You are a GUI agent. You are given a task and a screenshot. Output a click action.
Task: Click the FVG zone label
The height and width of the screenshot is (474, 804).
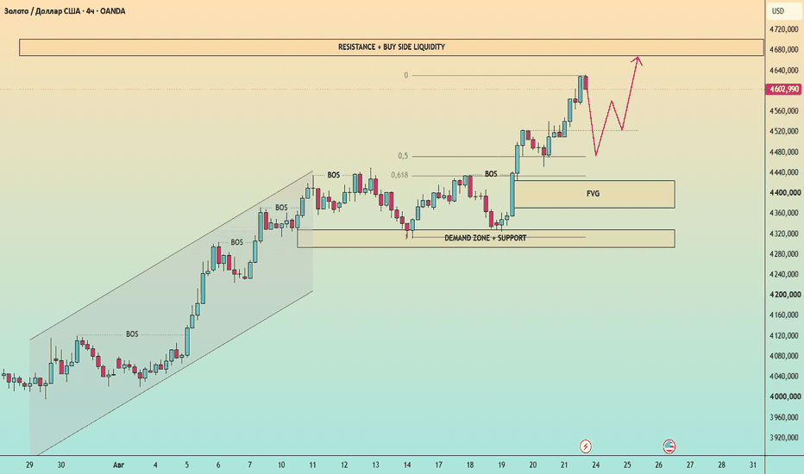coord(593,194)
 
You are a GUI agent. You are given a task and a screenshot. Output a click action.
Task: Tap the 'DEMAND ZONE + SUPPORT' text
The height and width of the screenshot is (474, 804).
coord(485,238)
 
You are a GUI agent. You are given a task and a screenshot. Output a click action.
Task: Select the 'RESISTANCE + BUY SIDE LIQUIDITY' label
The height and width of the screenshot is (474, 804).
coord(392,47)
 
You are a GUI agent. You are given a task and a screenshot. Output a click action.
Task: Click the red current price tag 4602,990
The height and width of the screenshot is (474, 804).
coord(783,89)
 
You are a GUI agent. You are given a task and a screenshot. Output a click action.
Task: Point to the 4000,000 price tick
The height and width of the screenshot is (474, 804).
coord(785,396)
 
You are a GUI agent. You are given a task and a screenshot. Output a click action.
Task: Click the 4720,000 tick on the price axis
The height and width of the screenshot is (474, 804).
coord(785,29)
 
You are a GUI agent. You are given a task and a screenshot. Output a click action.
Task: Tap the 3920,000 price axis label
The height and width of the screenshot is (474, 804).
coord(785,438)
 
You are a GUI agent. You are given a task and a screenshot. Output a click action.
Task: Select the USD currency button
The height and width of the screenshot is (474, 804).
coord(778,11)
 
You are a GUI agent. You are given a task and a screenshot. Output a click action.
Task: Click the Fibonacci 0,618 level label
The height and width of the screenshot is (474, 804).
coord(399,175)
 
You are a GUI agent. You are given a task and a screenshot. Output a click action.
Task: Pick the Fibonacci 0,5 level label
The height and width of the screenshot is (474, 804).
coord(403,156)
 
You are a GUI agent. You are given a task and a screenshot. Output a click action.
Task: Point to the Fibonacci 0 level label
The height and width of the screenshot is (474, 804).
coord(406,75)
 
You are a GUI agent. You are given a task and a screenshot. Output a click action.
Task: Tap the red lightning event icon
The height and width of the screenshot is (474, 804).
coord(586,446)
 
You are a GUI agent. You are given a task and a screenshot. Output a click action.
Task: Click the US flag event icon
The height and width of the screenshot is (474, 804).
coord(669,446)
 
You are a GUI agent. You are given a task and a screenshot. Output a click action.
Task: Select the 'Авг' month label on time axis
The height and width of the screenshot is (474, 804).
coord(118,465)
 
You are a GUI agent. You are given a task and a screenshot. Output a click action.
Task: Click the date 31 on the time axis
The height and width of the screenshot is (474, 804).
coord(753,465)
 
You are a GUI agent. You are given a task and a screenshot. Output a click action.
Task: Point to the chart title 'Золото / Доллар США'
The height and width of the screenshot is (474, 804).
coord(42,10)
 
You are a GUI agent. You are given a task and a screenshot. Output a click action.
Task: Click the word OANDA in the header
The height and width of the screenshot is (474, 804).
coord(113,10)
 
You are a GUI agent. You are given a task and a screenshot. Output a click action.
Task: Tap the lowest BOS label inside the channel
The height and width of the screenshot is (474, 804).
coord(132,334)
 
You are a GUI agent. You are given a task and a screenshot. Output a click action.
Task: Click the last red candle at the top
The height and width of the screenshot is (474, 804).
coord(586,83)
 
